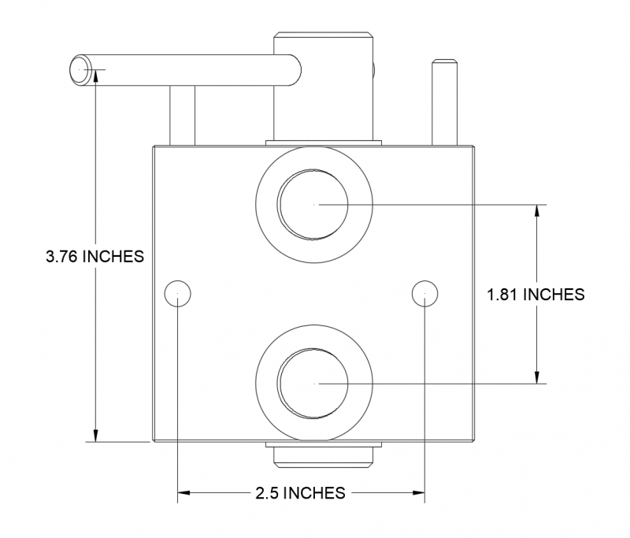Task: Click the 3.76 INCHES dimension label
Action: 94,257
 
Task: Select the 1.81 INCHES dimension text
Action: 535,295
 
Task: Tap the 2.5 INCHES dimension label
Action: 300,494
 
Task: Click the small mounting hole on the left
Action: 178,293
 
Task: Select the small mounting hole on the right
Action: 424,293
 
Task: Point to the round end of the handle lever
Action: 83,70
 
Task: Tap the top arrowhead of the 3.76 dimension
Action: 95,76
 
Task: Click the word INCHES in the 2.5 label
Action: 313,494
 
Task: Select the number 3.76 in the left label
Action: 63,257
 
